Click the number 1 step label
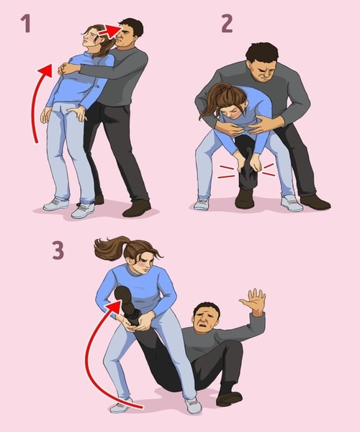(27, 24)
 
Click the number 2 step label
(226, 24)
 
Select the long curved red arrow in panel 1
(36, 101)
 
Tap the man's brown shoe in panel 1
(137, 208)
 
